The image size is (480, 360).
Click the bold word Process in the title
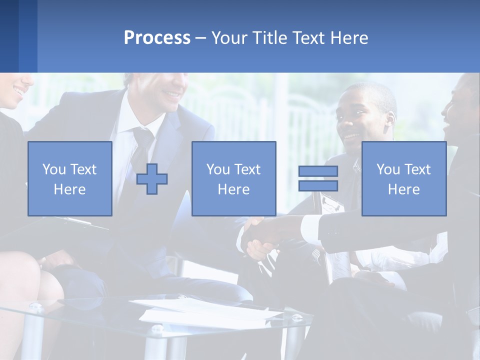[x=157, y=38]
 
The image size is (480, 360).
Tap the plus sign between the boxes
[x=152, y=179]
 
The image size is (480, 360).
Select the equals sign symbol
[x=318, y=178]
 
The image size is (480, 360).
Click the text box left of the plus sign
[x=70, y=179]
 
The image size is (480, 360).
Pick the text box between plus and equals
[x=233, y=179]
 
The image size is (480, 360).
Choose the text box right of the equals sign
[x=403, y=179]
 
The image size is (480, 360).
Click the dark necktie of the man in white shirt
[x=141, y=150]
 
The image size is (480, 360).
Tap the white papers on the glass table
[x=210, y=312]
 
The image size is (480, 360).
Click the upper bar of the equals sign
[x=318, y=171]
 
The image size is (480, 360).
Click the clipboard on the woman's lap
[x=75, y=225]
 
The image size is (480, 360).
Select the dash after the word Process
[x=201, y=38]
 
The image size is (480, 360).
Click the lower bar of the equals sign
[x=318, y=185]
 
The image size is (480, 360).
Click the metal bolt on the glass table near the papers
[x=158, y=328]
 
